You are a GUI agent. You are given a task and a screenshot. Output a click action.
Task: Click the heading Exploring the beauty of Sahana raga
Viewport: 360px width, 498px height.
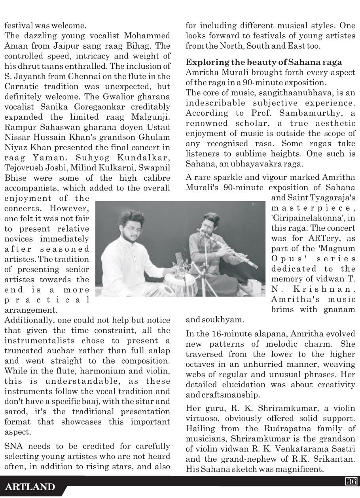pos(264,62)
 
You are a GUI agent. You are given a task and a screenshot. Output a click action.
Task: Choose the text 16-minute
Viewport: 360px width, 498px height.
pos(227,334)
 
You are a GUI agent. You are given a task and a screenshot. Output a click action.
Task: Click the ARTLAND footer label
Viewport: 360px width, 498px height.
pos(30,487)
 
